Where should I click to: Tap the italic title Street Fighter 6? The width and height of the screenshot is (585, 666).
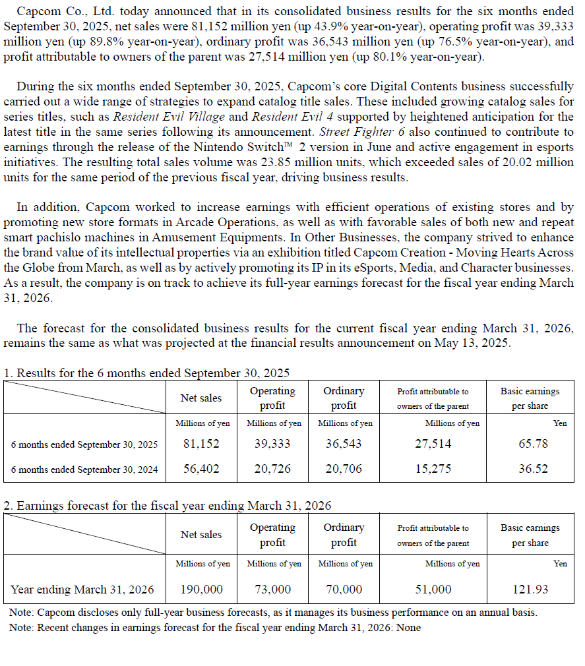(x=371, y=132)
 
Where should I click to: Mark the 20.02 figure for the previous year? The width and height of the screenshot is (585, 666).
(x=518, y=162)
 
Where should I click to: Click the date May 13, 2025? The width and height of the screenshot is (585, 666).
(x=472, y=342)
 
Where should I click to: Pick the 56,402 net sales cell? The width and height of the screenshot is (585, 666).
(x=201, y=469)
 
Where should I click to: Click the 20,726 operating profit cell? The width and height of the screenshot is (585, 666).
(x=272, y=469)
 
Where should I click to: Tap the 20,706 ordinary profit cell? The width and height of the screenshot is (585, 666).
(x=344, y=469)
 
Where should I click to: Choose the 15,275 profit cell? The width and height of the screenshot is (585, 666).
(x=433, y=469)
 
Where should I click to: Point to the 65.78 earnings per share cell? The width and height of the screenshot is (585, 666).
(x=532, y=444)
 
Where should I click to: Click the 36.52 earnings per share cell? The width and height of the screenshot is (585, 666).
(x=532, y=469)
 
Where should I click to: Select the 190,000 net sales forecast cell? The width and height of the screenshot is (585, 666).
(x=201, y=589)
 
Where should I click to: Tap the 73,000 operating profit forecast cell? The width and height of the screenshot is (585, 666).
(x=272, y=589)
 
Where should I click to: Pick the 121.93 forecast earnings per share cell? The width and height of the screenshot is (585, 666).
(x=530, y=589)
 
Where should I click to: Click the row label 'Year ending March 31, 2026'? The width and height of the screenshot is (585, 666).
(x=82, y=589)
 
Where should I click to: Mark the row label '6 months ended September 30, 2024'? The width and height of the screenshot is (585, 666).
(x=84, y=469)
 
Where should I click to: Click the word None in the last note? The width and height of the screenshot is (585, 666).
(x=408, y=627)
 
